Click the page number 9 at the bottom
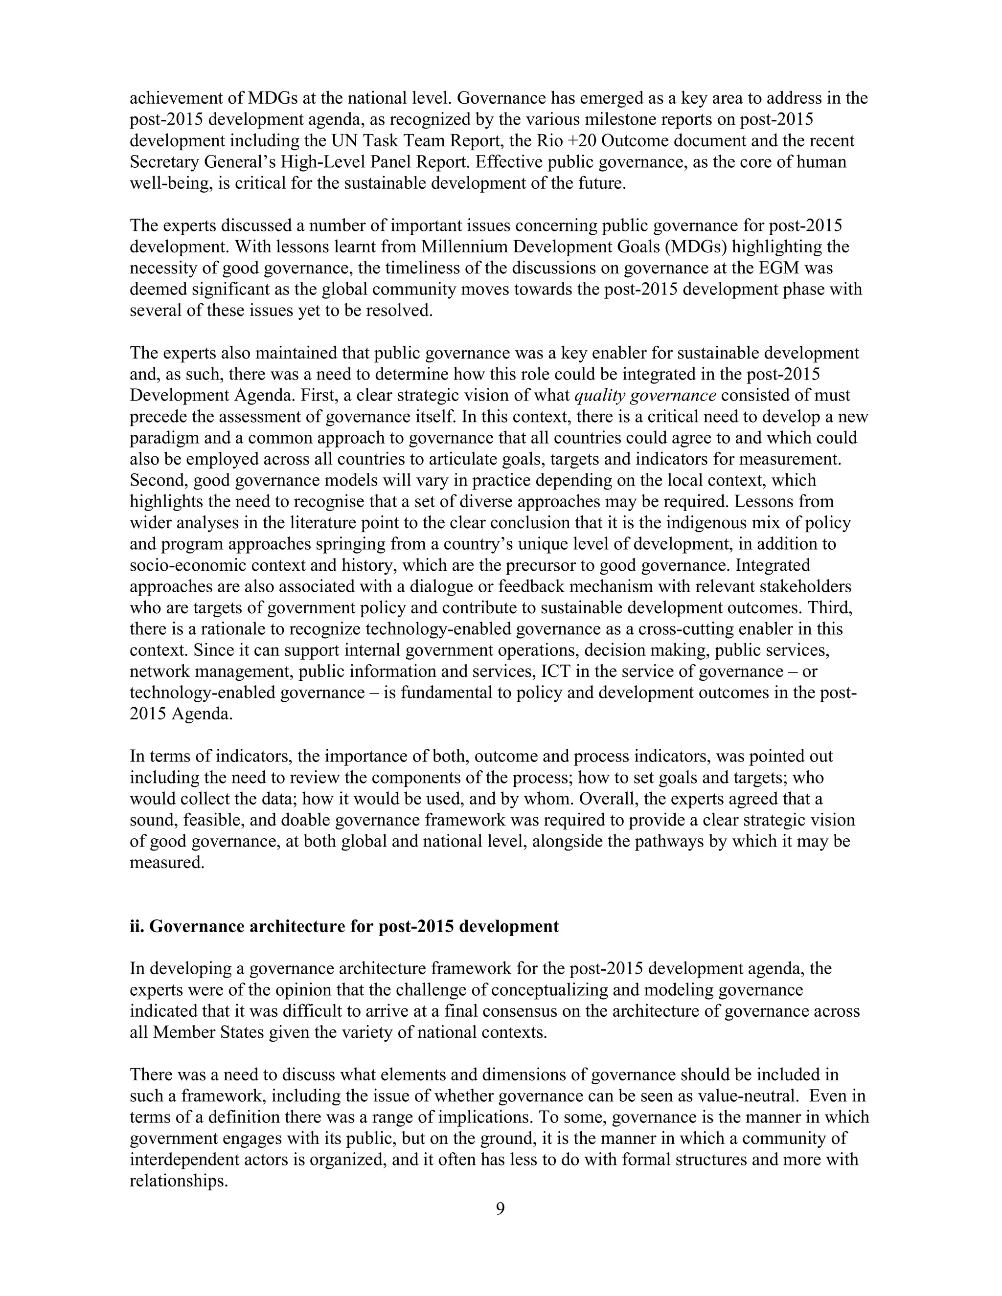(500, 1209)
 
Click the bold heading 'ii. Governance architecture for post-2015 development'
(344, 926)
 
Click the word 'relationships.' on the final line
(179, 1181)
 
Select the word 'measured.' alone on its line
(167, 862)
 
